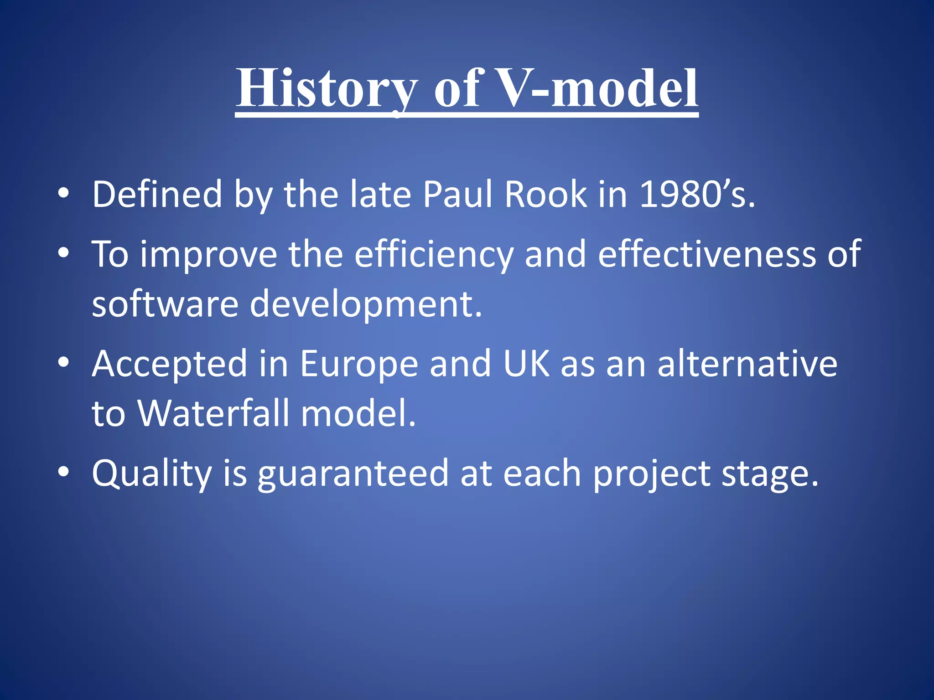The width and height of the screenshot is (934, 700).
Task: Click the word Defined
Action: pyautogui.click(x=157, y=195)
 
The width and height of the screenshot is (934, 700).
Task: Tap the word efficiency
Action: pyautogui.click(x=433, y=254)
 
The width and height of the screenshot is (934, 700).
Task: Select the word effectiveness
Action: pyautogui.click(x=706, y=254)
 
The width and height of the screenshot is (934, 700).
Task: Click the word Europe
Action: pyautogui.click(x=358, y=364)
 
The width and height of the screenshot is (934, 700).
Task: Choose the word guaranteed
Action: pyautogui.click(x=353, y=474)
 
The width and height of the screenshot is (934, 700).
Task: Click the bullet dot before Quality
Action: pyautogui.click(x=64, y=472)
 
